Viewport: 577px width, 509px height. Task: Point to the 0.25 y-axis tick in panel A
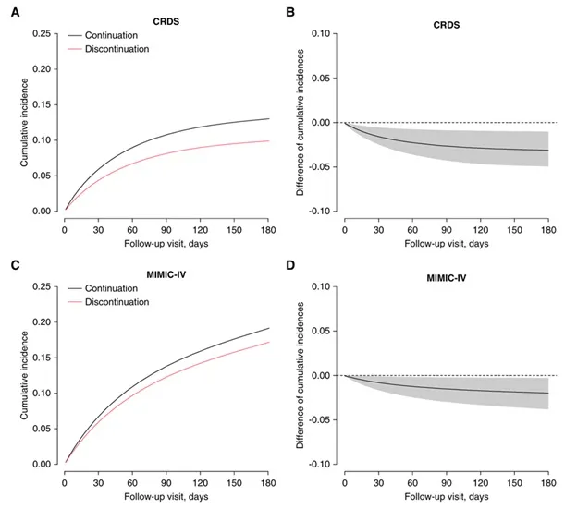pos(41,34)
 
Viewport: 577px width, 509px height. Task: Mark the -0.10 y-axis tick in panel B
pos(320,212)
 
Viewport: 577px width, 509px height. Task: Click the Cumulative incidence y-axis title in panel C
pos(20,375)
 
